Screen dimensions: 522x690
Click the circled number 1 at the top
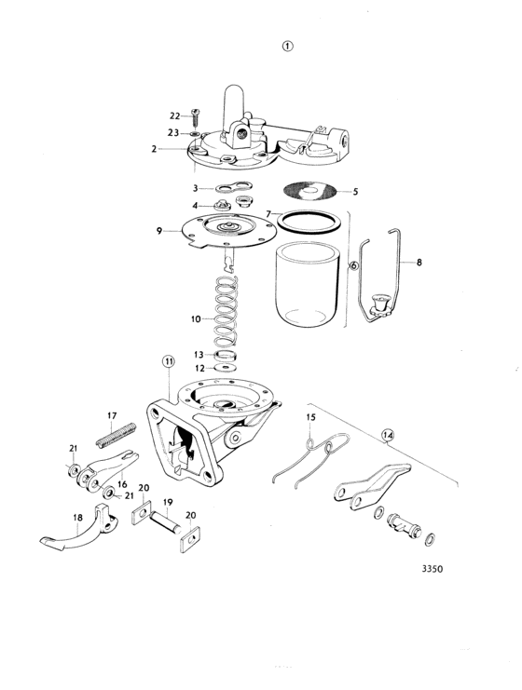tap(287, 46)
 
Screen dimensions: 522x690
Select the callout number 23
tap(172, 132)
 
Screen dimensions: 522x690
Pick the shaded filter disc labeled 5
tap(309, 191)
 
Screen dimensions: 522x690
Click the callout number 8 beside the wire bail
tap(419, 263)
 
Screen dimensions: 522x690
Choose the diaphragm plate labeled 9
tap(229, 231)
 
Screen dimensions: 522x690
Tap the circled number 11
tap(169, 361)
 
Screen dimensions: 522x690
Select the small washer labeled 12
tap(225, 367)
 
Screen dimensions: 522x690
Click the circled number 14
tap(388, 435)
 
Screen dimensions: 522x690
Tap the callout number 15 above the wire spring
tap(311, 417)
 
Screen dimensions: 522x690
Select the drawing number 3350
tap(433, 569)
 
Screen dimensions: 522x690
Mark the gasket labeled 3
tap(233, 187)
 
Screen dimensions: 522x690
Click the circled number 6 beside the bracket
tap(353, 265)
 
